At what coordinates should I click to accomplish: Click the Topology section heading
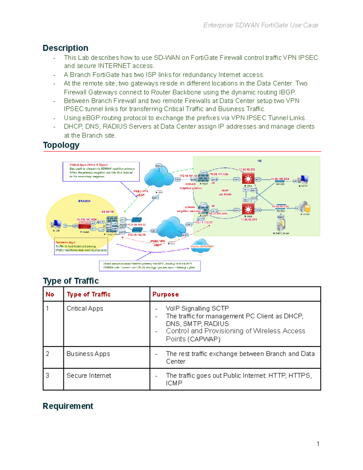click(x=61, y=145)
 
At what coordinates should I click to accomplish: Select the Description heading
click(x=65, y=48)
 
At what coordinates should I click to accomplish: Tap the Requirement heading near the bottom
click(x=68, y=406)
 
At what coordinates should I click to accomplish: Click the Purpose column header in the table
click(x=165, y=294)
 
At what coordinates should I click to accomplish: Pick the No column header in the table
click(x=50, y=294)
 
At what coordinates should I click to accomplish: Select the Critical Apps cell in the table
click(x=85, y=308)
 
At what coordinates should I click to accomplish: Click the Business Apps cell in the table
click(x=88, y=354)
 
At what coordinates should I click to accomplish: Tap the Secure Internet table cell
click(x=89, y=376)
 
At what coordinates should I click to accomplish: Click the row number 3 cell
click(x=47, y=376)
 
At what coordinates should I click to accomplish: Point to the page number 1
click(x=318, y=444)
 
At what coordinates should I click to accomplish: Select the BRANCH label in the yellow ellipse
click(x=84, y=201)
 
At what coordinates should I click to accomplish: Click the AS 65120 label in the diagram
click(x=107, y=212)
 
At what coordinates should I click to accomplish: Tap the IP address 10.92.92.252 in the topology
click(x=247, y=169)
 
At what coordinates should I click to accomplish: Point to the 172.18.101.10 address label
click(x=188, y=176)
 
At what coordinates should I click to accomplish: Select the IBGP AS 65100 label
click(x=225, y=193)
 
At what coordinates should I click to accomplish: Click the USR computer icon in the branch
click(x=56, y=224)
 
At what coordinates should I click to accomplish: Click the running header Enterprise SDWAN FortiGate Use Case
click(x=260, y=25)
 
